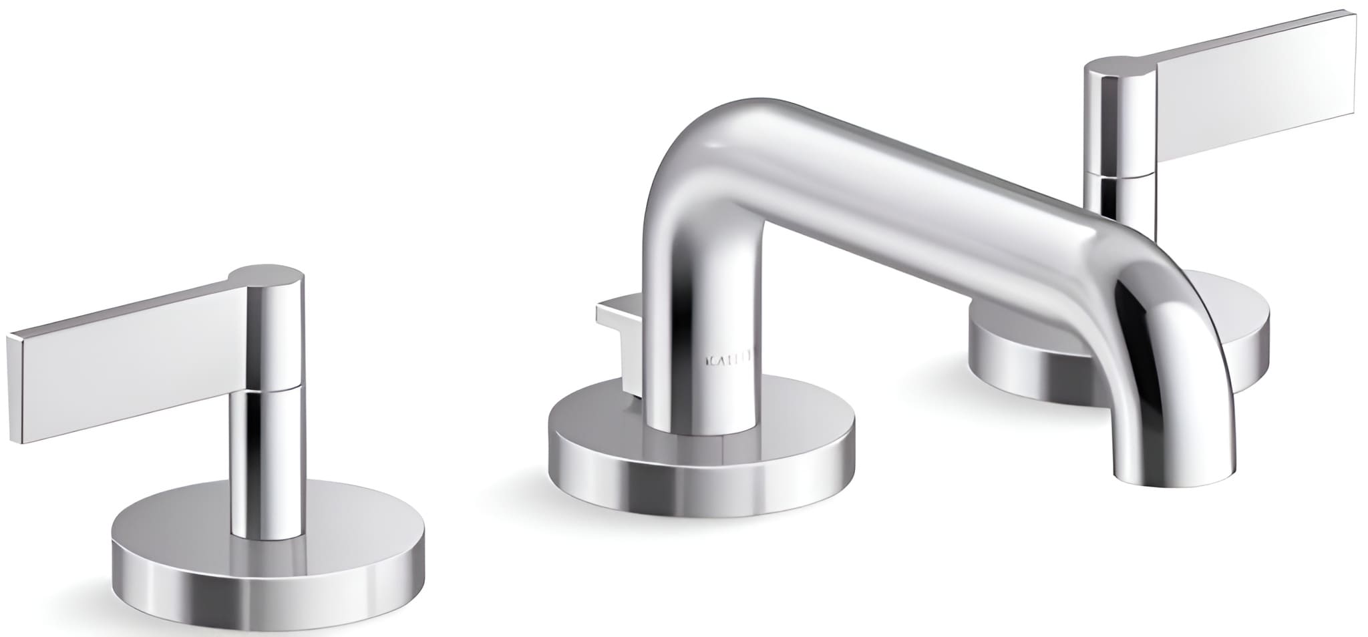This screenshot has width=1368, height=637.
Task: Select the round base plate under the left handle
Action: pos(267,574)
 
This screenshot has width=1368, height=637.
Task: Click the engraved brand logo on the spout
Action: pos(729,361)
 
